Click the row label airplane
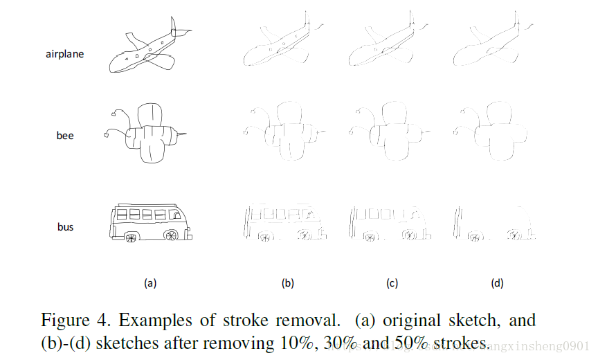pyautogui.click(x=64, y=53)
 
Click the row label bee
pyautogui.click(x=64, y=136)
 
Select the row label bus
pyautogui.click(x=65, y=226)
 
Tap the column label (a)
pyautogui.click(x=150, y=282)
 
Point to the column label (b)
pyautogui.click(x=288, y=282)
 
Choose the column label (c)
pyautogui.click(x=392, y=282)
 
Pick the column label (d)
pyautogui.click(x=497, y=282)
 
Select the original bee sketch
pyautogui.click(x=147, y=132)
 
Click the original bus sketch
pyautogui.click(x=149, y=222)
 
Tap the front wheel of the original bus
pyautogui.click(x=170, y=235)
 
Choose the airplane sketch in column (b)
pyautogui.click(x=284, y=46)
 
